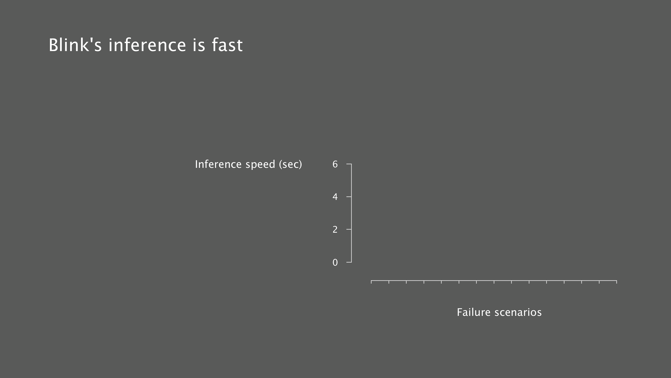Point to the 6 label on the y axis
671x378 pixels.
tap(335, 164)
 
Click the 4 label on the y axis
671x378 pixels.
tap(335, 197)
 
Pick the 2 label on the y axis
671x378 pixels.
tap(335, 229)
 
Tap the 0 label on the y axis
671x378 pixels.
tap(335, 262)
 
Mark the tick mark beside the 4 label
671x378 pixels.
tap(349, 197)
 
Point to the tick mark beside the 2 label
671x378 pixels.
tap(349, 229)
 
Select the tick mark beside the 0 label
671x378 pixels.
tap(349, 262)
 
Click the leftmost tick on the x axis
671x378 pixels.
tap(371, 282)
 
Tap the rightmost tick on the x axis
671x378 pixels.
tap(616, 282)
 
